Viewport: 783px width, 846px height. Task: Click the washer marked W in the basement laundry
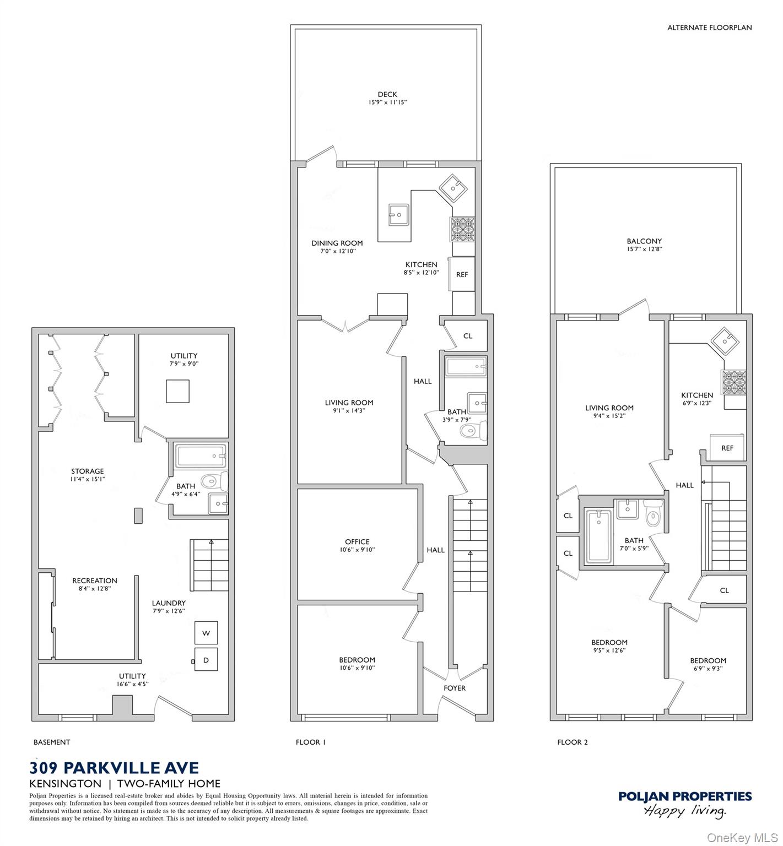point(206,633)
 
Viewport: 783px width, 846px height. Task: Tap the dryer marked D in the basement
point(206,659)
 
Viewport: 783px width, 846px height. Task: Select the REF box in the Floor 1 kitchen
point(462,274)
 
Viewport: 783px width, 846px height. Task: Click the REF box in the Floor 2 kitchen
point(727,447)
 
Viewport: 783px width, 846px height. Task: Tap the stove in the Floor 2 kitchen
point(733,382)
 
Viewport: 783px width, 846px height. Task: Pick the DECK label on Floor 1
point(387,94)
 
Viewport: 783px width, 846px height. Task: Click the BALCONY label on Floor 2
point(644,241)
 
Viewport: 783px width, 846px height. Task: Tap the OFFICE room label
point(357,541)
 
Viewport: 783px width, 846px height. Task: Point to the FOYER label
point(455,688)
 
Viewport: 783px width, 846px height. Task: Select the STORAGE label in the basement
point(88,471)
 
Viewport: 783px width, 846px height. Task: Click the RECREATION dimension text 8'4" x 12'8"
point(95,589)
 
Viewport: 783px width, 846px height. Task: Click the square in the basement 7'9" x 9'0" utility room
point(178,391)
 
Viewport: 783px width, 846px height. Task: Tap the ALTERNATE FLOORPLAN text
point(709,28)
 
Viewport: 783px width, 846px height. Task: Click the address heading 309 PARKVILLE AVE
point(114,767)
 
